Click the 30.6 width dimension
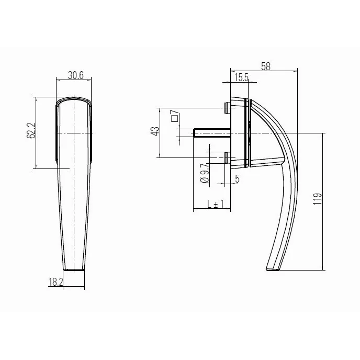click(x=76, y=75)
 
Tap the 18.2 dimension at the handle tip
click(x=55, y=282)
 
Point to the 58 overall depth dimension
click(x=266, y=66)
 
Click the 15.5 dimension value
click(x=241, y=78)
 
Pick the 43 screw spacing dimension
click(x=155, y=131)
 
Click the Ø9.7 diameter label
click(x=205, y=172)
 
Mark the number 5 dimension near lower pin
click(x=237, y=179)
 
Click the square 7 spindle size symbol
click(x=175, y=116)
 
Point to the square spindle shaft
click(x=209, y=133)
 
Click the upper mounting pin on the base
click(x=227, y=108)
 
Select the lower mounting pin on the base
click(x=227, y=157)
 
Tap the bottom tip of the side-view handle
click(x=273, y=269)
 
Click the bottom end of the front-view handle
click(x=74, y=269)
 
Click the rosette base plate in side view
click(x=242, y=133)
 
